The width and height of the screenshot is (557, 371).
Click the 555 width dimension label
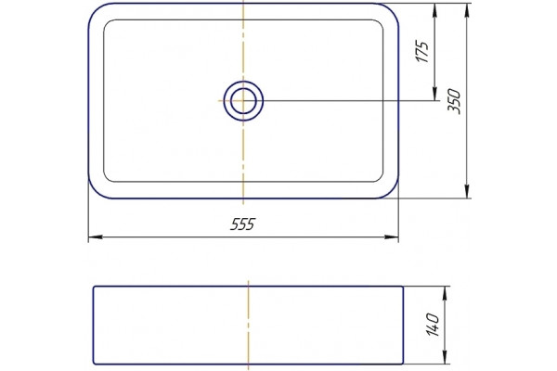[x=242, y=224]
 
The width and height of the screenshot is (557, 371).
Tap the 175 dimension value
[x=422, y=52]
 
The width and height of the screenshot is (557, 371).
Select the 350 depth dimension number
[x=454, y=101]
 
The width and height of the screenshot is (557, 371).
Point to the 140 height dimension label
[x=433, y=325]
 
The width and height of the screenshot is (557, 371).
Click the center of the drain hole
[x=243, y=101]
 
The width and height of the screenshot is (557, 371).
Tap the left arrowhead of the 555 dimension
[x=96, y=237]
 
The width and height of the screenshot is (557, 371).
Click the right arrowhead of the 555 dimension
[x=392, y=237]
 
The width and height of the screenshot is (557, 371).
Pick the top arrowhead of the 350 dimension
[x=467, y=10]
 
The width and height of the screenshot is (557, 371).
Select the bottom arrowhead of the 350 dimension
[x=467, y=191]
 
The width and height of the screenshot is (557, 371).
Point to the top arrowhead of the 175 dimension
[x=434, y=10]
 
